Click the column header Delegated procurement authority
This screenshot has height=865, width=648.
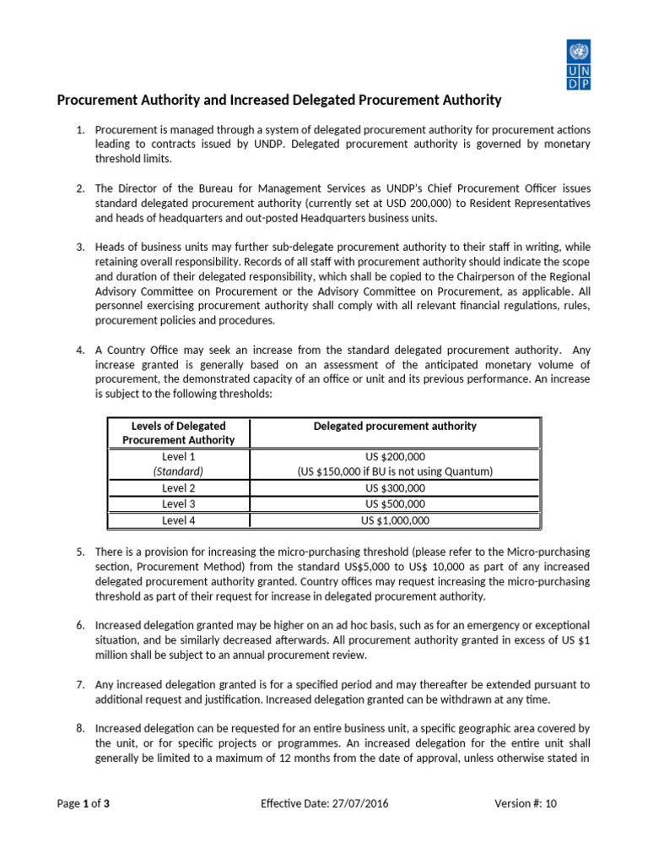coord(395,427)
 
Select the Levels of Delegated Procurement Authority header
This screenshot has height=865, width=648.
coord(179,433)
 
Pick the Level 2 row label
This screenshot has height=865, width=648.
coord(179,488)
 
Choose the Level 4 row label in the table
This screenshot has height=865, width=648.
coord(179,520)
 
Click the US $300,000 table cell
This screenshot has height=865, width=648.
coord(395,488)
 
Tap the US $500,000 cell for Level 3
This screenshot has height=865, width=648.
coord(395,504)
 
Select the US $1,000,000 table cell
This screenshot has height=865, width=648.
coord(395,520)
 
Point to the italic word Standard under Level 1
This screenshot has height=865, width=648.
coord(179,471)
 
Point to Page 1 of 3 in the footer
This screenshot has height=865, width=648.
coord(83,804)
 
